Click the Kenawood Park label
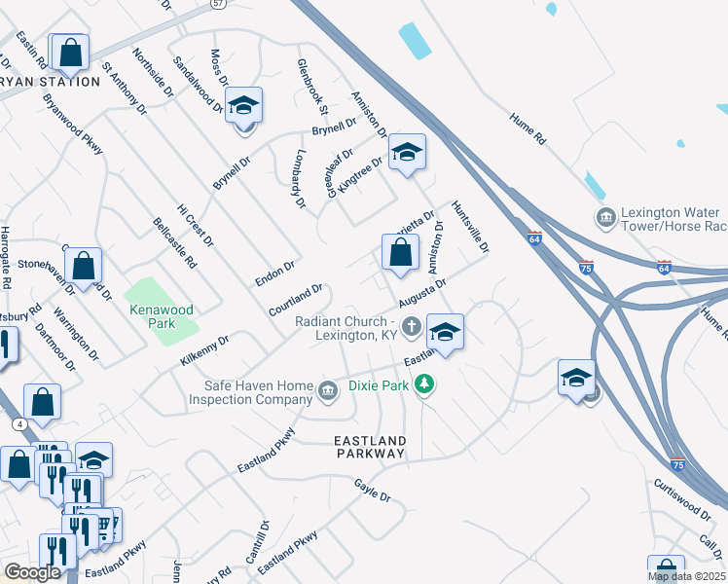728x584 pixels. pyautogui.click(x=161, y=316)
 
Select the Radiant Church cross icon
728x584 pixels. pyautogui.click(x=412, y=327)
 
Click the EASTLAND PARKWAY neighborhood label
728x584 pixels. pyautogui.click(x=370, y=447)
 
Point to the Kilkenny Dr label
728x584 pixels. pyautogui.click(x=203, y=351)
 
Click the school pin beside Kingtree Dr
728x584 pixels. pyautogui.click(x=408, y=152)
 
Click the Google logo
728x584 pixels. pyautogui.click(x=32, y=572)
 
